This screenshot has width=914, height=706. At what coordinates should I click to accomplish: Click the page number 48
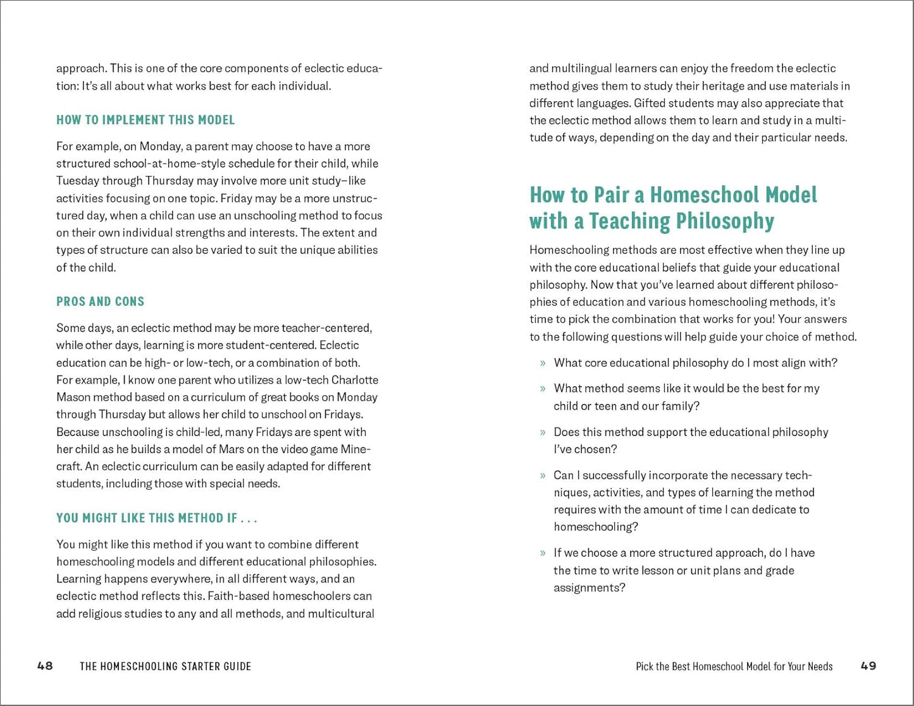[x=45, y=666]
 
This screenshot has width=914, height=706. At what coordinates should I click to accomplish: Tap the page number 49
[x=868, y=666]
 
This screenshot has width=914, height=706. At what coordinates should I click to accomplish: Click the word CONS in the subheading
[x=129, y=301]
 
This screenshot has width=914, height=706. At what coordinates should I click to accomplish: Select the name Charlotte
[x=355, y=380]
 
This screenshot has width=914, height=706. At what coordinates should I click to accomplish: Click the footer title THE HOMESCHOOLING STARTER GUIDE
[x=166, y=666]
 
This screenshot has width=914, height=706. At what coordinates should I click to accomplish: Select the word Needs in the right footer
[x=818, y=666]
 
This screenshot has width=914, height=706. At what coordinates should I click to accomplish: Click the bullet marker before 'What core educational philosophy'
[x=543, y=363]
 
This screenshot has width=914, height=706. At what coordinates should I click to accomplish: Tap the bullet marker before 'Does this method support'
[x=543, y=433]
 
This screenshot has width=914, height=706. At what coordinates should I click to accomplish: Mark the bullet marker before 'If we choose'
[x=543, y=554]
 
